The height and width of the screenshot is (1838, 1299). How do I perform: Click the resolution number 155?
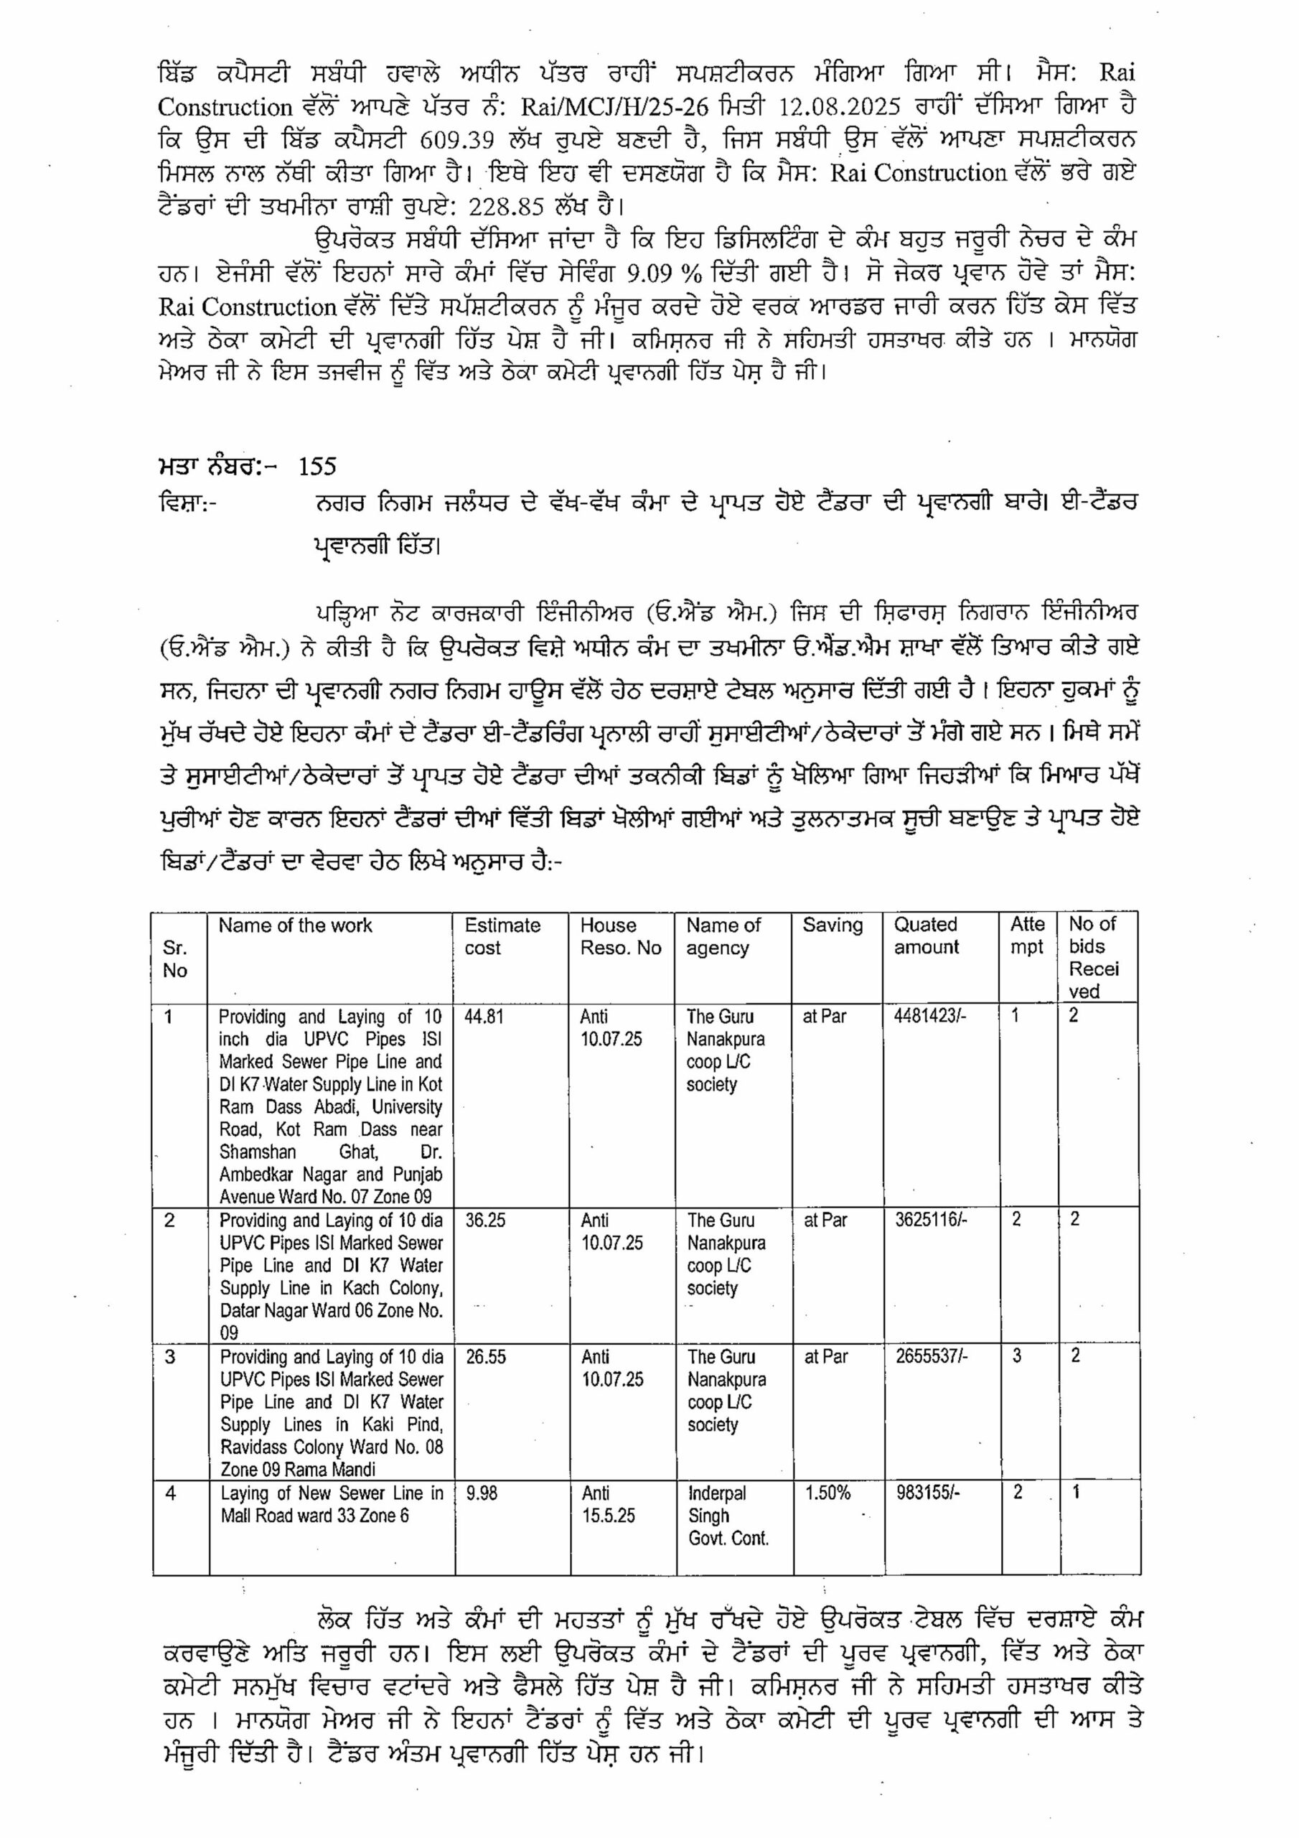click(x=318, y=467)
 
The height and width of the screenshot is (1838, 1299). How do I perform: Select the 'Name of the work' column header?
click(x=296, y=925)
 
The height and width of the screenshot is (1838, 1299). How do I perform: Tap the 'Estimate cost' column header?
click(x=502, y=937)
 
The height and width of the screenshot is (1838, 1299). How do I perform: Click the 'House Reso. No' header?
click(x=620, y=937)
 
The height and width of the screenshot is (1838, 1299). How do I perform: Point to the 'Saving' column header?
click(x=833, y=925)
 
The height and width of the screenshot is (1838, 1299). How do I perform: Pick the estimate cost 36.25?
click(x=485, y=1221)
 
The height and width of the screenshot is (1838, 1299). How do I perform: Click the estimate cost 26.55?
click(x=485, y=1357)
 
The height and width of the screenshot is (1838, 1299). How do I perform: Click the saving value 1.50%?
click(x=827, y=1493)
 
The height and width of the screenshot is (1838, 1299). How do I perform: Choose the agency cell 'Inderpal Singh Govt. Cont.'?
click(x=728, y=1516)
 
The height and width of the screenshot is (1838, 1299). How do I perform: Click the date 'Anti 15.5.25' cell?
click(x=609, y=1504)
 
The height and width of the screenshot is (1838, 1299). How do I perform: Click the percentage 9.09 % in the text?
click(x=665, y=273)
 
